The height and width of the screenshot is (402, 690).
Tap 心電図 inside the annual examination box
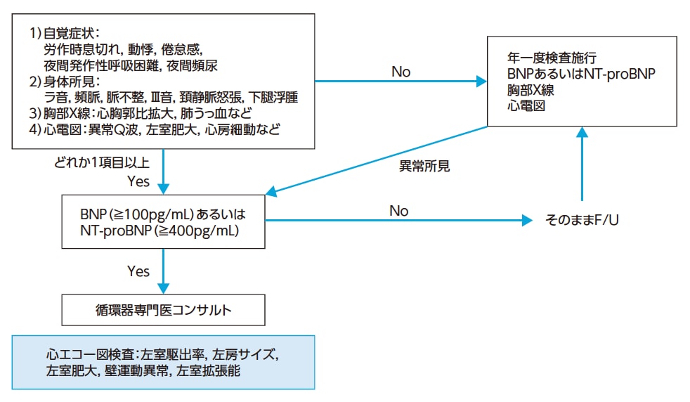522,105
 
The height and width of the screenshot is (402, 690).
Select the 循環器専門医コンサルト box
164,309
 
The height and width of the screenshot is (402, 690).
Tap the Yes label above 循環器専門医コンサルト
138,271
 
